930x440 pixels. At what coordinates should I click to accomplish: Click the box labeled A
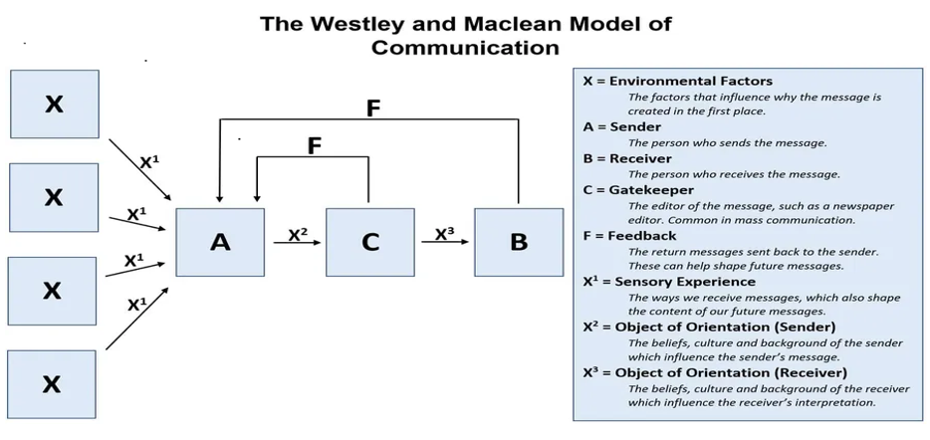220,242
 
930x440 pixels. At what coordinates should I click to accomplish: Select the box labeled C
369,242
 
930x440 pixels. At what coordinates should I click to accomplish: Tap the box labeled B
518,242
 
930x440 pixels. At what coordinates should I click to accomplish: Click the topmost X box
54,104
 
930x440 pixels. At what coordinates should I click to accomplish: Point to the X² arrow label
298,235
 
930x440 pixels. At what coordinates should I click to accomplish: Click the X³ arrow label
445,235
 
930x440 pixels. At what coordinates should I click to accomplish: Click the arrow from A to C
298,243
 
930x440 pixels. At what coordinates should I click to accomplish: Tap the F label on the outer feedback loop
373,109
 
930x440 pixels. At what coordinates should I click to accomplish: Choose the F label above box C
315,146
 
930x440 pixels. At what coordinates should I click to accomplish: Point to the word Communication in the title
465,47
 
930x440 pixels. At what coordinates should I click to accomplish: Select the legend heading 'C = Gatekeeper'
638,189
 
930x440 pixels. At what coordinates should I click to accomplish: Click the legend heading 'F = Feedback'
629,236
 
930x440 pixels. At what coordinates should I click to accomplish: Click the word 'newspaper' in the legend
862,206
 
